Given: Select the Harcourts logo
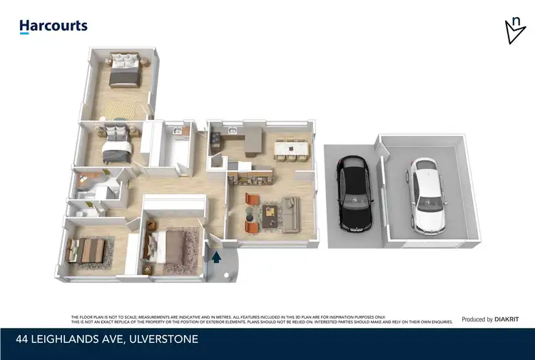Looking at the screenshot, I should (53, 26).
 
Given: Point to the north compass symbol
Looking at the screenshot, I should (514, 31).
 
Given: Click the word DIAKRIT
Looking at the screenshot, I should (508, 319).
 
